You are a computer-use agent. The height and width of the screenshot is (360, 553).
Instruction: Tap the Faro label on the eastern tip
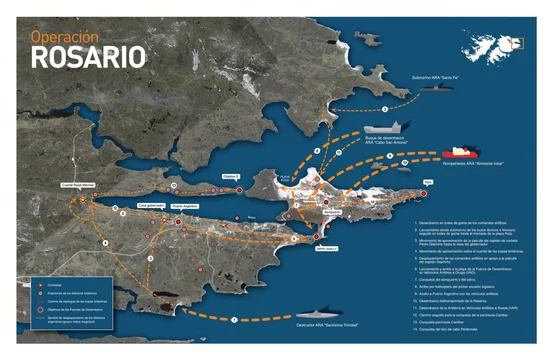coord(429,181)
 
